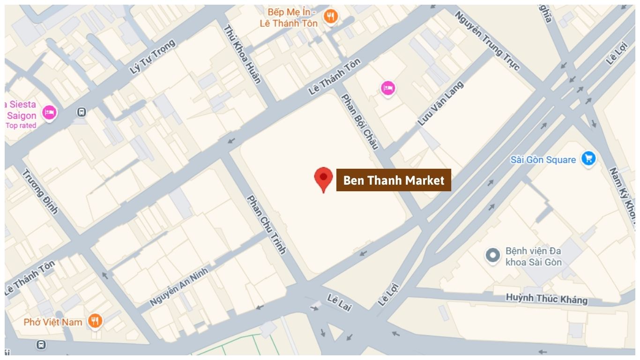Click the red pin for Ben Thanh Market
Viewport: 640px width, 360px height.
(323, 179)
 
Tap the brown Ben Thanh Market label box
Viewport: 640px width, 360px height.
(394, 180)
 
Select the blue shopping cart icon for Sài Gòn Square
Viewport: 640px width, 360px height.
(588, 158)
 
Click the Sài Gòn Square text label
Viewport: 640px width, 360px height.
(543, 160)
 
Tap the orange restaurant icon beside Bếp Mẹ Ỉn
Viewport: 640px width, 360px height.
(331, 16)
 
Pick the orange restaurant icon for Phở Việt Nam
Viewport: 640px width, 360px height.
(95, 321)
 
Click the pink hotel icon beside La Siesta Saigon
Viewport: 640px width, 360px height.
(49, 112)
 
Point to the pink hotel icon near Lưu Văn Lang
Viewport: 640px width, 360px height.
(388, 88)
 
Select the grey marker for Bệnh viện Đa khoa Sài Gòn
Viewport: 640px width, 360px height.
(492, 256)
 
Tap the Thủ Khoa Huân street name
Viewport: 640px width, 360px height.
(242, 54)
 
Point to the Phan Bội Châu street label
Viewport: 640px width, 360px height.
(359, 121)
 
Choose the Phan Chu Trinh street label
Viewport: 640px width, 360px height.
(266, 224)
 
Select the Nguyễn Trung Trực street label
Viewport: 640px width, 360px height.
(487, 41)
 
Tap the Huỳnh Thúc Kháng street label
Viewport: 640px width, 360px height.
(546, 299)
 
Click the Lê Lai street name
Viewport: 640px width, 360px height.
(339, 303)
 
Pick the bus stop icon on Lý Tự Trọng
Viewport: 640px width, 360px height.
(82, 112)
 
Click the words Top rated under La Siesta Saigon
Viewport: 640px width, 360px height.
(21, 126)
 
